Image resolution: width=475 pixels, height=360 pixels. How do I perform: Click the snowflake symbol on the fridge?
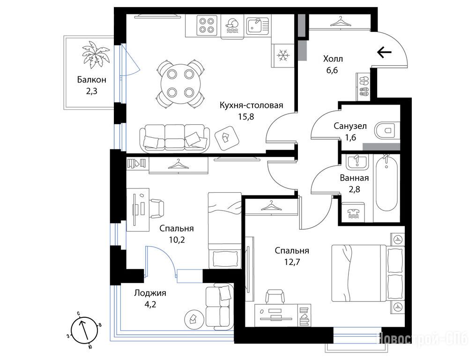283,55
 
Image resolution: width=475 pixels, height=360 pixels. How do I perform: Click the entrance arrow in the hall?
384,52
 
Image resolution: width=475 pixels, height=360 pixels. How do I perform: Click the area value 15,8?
245,117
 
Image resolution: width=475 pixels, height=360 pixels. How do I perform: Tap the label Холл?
333,59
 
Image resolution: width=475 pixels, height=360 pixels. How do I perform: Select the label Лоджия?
150,293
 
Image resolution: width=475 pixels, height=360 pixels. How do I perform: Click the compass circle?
84,330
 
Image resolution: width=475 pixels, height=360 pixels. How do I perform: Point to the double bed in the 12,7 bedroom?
368,273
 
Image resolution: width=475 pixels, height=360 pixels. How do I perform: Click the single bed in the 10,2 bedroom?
224,230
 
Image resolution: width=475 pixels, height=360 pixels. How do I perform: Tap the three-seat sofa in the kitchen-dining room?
174,138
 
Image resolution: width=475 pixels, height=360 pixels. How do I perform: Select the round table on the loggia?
193,319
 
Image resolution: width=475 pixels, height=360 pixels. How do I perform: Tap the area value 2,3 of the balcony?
91,91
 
